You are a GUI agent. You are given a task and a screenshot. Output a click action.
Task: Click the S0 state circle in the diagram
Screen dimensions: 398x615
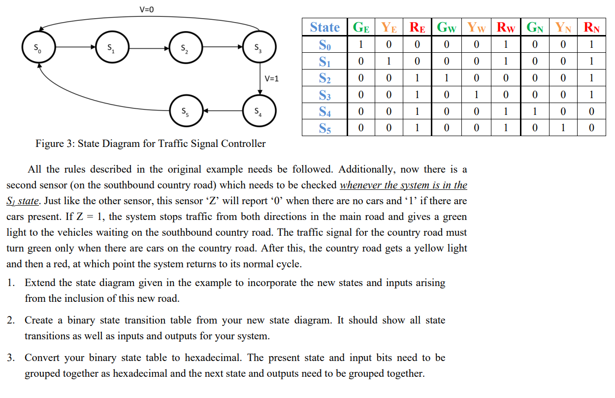(x=38, y=48)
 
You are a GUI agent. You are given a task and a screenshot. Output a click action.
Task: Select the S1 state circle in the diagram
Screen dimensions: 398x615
(x=112, y=48)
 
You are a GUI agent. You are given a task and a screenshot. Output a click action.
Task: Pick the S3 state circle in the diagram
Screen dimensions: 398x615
(x=259, y=48)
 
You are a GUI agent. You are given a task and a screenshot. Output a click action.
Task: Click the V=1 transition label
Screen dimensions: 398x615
(x=271, y=78)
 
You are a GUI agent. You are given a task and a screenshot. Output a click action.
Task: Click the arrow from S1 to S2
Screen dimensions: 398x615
(x=149, y=48)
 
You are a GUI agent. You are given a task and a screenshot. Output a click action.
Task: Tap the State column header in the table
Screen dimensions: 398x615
(x=324, y=27)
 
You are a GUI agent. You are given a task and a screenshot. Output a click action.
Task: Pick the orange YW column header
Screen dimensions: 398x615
(x=477, y=27)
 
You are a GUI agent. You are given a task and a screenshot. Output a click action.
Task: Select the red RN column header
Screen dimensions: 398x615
(x=591, y=27)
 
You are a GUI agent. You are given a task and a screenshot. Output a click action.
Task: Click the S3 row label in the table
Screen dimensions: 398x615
(x=324, y=95)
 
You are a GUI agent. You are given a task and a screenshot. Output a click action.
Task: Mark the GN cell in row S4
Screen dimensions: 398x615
(x=534, y=111)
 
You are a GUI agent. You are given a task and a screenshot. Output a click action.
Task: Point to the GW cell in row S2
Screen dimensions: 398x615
(x=446, y=78)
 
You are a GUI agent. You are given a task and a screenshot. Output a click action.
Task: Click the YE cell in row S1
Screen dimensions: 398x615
(x=389, y=61)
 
